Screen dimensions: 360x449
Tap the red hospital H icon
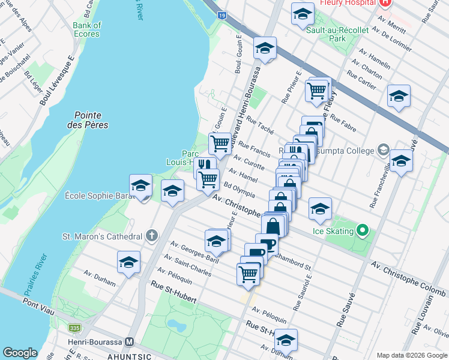[385, 3]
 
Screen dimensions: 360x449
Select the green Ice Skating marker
[362, 230]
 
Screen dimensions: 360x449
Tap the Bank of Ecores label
[87, 29]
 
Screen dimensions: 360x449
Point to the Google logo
[20, 352]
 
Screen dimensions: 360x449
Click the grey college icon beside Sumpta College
[384, 150]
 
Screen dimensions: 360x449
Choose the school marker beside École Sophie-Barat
[140, 186]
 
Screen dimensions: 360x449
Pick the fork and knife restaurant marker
[205, 164]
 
